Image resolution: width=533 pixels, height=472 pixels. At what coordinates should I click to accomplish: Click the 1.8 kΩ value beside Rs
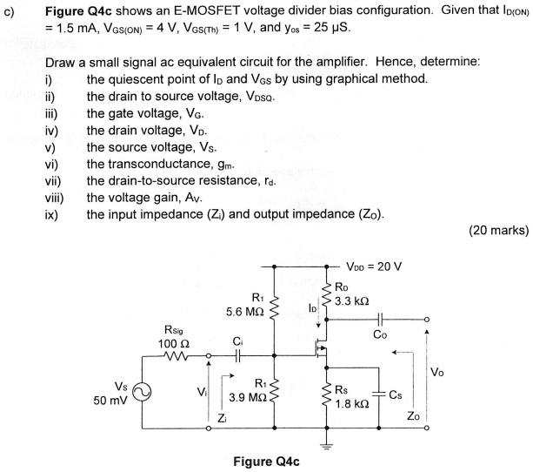(354, 405)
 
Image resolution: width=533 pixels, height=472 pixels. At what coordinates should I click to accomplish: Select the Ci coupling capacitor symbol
(235, 354)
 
